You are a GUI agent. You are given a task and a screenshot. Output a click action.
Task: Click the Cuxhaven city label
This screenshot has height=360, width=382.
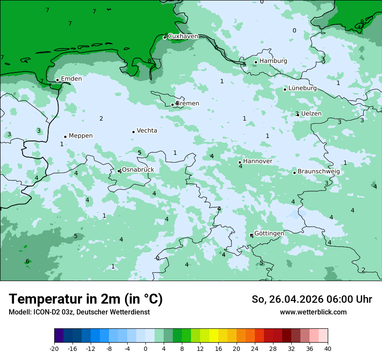(183, 36)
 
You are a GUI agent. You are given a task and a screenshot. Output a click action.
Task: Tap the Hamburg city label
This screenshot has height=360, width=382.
(273, 61)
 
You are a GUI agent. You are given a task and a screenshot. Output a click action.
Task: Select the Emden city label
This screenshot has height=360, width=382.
(71, 79)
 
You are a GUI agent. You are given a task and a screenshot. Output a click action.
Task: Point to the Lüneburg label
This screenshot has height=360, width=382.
(303, 88)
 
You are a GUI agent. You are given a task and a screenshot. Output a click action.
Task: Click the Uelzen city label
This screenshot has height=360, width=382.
(311, 114)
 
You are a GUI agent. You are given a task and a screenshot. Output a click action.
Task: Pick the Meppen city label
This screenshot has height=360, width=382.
(81, 136)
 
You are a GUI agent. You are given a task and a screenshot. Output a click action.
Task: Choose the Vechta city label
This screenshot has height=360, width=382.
(147, 131)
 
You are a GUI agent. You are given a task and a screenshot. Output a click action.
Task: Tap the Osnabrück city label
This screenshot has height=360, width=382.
(138, 170)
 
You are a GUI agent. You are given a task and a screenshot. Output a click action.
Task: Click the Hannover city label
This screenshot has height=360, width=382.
(257, 161)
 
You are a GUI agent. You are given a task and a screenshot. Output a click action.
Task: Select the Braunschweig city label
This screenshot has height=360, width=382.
(319, 172)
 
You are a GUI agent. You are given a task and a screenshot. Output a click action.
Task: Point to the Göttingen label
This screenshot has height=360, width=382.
(269, 233)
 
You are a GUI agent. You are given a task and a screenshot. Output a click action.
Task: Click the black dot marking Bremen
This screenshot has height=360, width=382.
(172, 105)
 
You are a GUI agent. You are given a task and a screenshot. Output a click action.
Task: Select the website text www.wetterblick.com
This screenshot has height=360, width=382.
(313, 312)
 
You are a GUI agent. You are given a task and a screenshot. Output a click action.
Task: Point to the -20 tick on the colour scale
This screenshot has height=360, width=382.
(54, 349)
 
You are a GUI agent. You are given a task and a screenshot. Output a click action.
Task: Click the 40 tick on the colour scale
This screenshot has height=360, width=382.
(328, 349)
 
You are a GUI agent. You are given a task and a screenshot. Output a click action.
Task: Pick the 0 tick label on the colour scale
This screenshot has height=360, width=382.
(145, 349)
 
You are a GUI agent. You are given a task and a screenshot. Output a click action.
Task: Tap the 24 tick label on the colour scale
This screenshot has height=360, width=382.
(255, 349)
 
